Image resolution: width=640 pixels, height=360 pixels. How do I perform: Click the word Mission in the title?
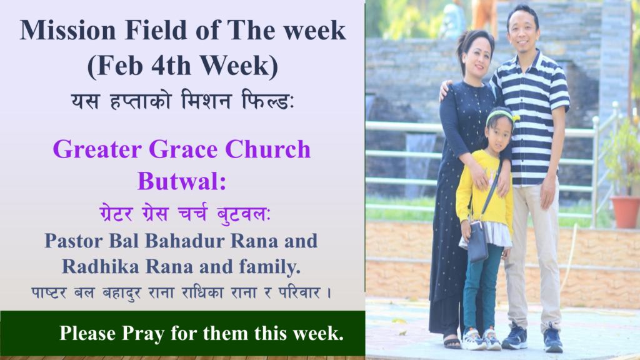67,30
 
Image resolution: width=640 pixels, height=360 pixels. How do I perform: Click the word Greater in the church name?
97,149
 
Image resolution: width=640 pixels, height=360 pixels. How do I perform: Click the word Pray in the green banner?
143,334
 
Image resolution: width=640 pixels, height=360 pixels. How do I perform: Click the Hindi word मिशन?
206,101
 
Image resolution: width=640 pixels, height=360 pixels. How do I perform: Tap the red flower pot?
625,212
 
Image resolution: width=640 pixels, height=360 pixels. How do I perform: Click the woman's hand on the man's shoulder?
445,90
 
